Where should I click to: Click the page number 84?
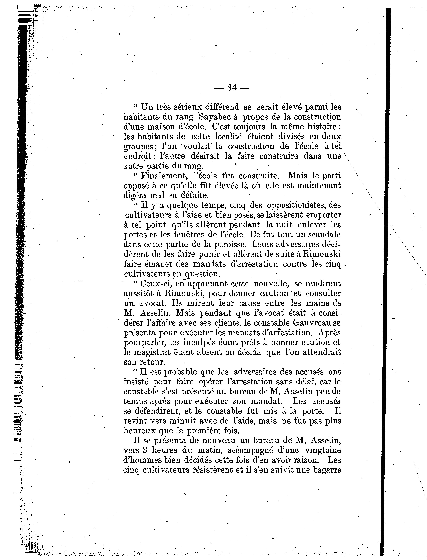point(232,88)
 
